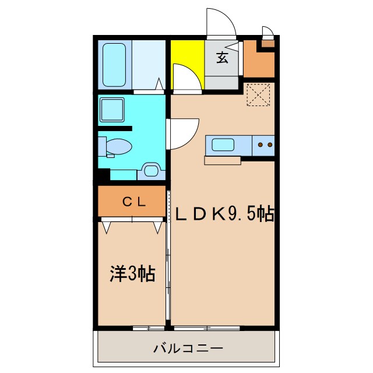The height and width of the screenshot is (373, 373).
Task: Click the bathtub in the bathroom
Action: (114, 65)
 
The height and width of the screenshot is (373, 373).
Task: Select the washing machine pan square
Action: (111, 109)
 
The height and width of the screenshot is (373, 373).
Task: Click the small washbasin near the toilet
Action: (150, 171)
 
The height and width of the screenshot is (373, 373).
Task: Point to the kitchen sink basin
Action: (223, 144)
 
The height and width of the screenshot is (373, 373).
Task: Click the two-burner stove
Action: (263, 145)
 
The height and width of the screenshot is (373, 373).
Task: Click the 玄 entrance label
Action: (222, 57)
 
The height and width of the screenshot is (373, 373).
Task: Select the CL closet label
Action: (133, 202)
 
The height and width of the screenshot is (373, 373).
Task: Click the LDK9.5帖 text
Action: (224, 214)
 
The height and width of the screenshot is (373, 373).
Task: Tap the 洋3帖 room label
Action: (132, 273)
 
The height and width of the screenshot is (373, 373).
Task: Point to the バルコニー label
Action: (188, 349)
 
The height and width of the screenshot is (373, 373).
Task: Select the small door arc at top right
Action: (268, 31)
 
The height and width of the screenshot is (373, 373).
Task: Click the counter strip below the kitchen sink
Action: (222, 161)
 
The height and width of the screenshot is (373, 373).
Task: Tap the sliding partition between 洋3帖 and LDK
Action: (168, 256)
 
